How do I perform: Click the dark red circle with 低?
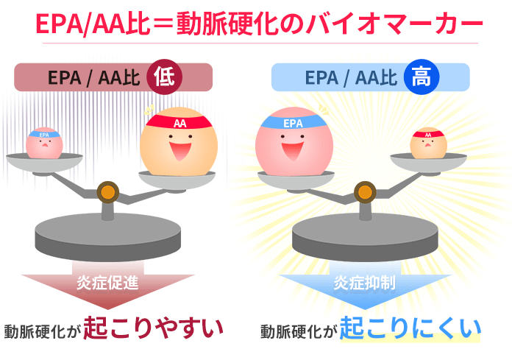coord(164,77)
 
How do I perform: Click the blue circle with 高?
coord(422,77)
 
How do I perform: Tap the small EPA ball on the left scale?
coord(44,143)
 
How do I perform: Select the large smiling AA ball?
coord(179,141)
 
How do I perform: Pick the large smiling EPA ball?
coord(294,141)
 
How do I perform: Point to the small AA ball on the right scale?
coord(428,143)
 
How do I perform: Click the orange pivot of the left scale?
coord(108,192)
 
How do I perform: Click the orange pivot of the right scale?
coord(365,192)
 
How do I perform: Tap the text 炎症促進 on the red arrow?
coord(107,283)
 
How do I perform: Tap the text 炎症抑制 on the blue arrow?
coord(364,283)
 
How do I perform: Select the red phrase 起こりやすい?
coord(153,328)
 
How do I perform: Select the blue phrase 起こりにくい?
coord(410,328)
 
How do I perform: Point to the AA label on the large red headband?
coord(180,123)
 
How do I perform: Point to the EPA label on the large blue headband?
coord(293,123)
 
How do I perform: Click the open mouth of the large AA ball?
coord(180,151)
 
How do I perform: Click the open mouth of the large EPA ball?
coord(293,151)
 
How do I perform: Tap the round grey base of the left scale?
coord(107,237)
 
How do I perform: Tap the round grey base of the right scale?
coord(365,237)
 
